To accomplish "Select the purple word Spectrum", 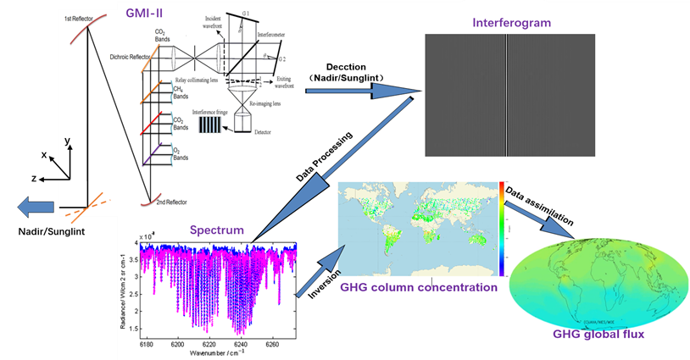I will (x=218, y=230).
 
